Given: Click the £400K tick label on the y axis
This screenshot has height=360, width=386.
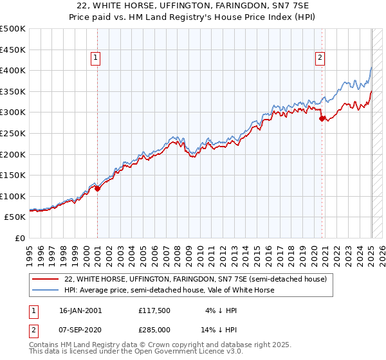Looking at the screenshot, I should click(13, 70).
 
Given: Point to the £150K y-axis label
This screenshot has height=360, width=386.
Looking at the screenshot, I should click(13, 175).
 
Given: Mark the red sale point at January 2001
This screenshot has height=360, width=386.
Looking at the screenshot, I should click(97, 188).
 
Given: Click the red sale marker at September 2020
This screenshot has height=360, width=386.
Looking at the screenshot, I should click(322, 118).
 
